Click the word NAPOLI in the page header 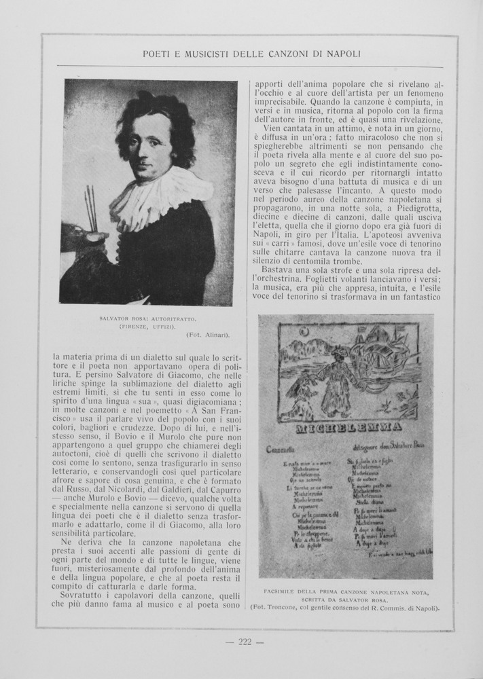[340, 53]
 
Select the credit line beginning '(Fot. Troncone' [344, 608]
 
